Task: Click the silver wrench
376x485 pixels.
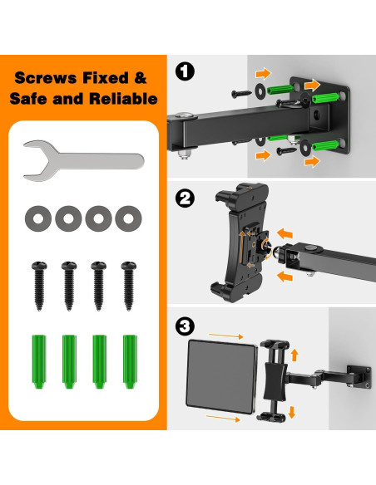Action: tap(93, 161)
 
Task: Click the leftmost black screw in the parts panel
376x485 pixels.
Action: tap(39, 286)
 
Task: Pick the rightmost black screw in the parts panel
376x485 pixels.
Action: tap(129, 286)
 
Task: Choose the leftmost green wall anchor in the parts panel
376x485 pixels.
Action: tap(39, 361)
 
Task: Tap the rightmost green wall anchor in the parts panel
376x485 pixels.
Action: tap(130, 361)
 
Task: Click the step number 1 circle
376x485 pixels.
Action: tap(185, 71)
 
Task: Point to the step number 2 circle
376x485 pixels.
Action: tap(185, 198)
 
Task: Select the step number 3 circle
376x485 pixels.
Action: tap(185, 326)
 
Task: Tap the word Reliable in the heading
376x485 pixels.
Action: tap(123, 99)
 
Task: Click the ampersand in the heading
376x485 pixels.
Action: tap(141, 78)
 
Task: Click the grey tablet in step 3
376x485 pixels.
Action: tap(221, 377)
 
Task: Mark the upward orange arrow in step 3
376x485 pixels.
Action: tap(294, 355)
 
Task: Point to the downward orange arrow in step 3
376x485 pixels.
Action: tap(292, 412)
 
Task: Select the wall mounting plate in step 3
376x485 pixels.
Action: tap(359, 377)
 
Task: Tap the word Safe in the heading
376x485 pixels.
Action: tap(28, 99)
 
